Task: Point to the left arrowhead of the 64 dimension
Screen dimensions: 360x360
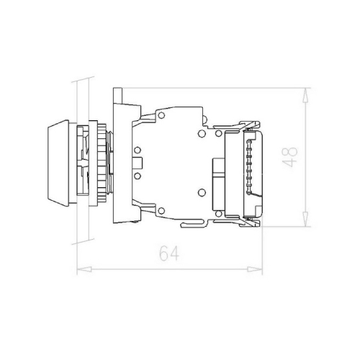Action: pyautogui.click(x=80, y=271)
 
